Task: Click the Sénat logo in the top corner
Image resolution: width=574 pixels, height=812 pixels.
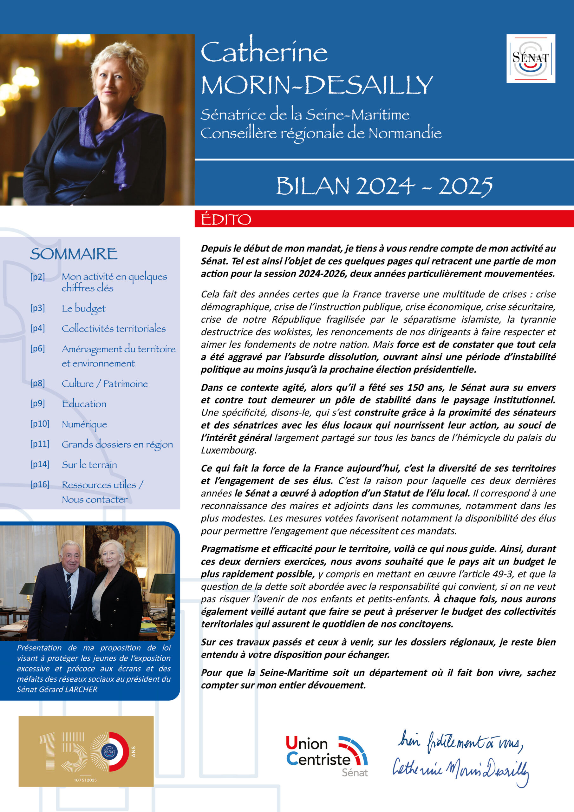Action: (531, 58)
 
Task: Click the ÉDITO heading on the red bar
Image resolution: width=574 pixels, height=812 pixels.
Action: (226, 219)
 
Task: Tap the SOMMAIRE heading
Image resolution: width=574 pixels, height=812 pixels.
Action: (74, 254)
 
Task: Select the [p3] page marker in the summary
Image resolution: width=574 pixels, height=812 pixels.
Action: (37, 308)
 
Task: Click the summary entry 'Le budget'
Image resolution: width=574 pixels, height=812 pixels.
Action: (83, 309)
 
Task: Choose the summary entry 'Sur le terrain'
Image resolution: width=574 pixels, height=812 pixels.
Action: (89, 465)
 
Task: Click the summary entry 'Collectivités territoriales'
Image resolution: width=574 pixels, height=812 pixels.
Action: (114, 329)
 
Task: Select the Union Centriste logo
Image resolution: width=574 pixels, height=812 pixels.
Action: (326, 756)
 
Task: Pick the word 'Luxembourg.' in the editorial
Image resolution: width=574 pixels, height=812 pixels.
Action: (228, 450)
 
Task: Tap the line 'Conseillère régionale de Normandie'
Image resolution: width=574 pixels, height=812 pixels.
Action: (321, 134)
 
